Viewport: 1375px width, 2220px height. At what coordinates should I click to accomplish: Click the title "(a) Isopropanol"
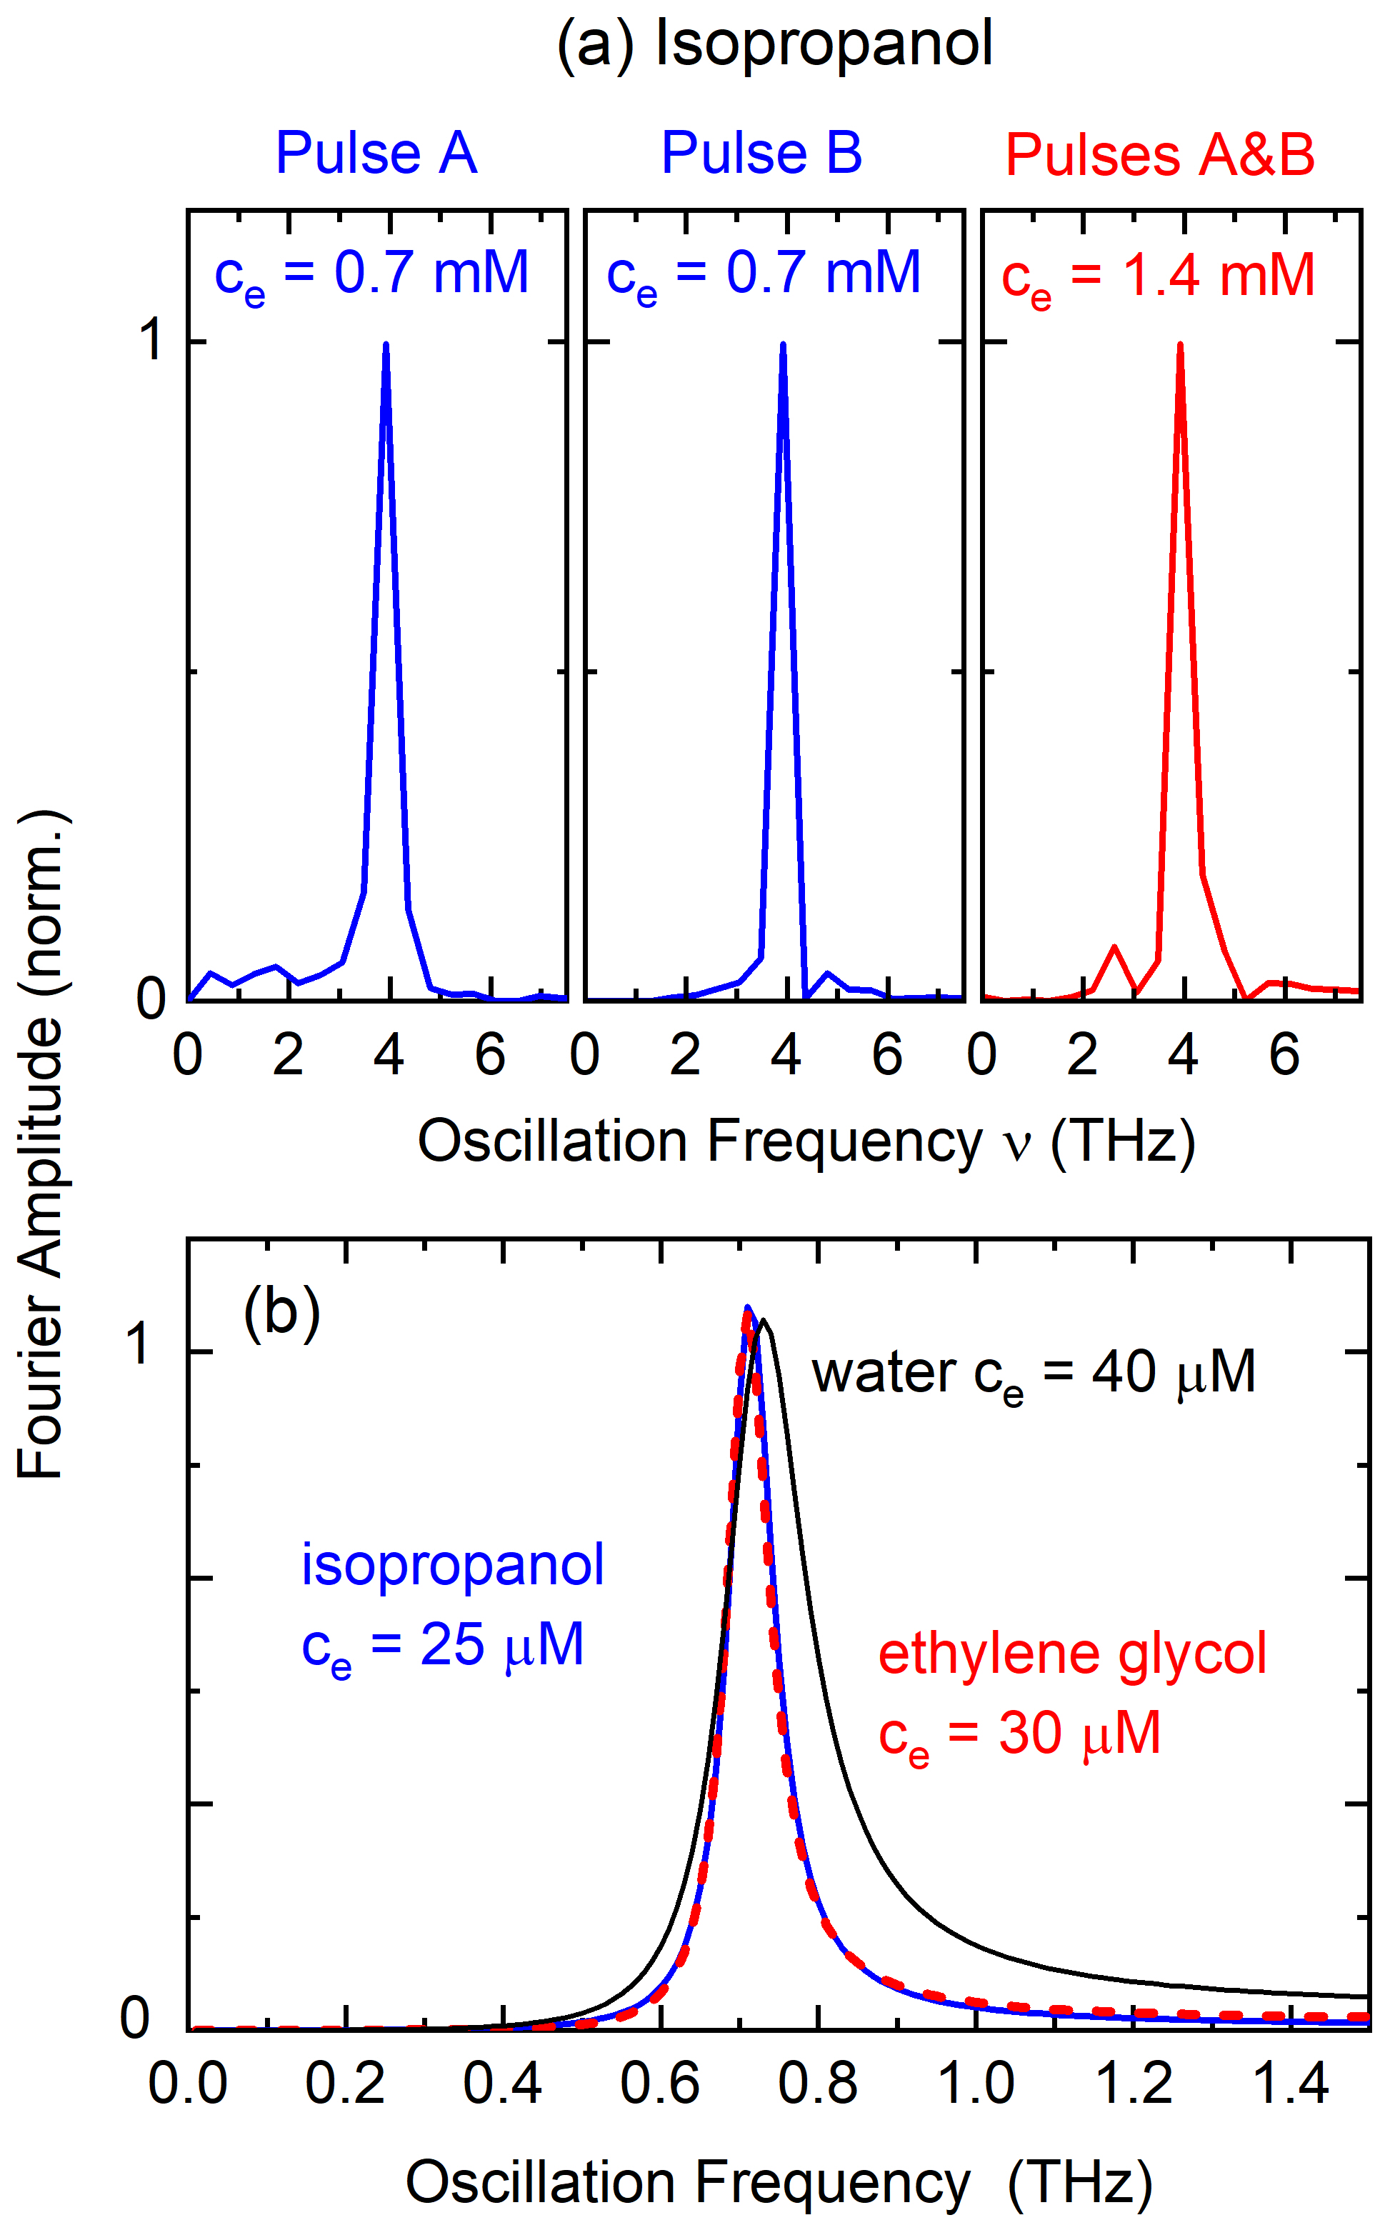coord(775,44)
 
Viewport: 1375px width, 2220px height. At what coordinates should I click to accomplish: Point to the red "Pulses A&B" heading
coord(1159,154)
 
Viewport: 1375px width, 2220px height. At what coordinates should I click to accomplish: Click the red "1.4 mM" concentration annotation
coord(1219,274)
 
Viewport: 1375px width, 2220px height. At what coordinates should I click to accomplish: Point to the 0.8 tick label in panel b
coord(818,2084)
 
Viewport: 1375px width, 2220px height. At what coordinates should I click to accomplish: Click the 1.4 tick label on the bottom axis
coord(1291,2084)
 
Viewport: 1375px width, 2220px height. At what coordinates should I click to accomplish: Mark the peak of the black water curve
coord(764,1320)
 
